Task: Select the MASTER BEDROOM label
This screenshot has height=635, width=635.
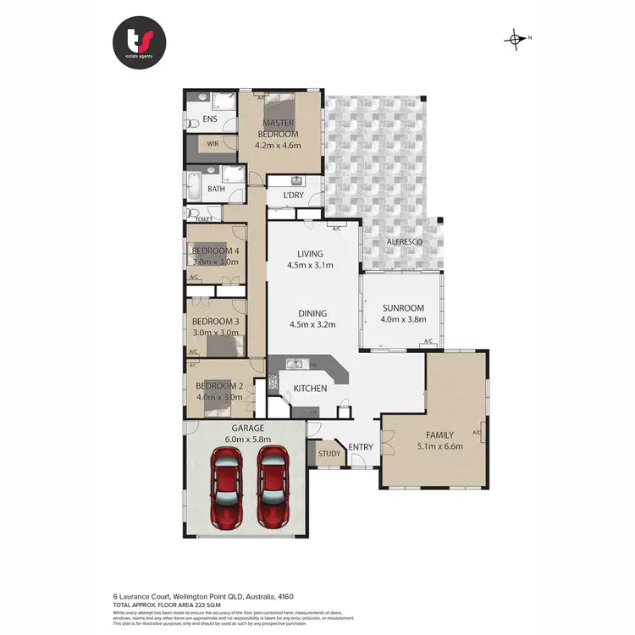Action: click(x=278, y=129)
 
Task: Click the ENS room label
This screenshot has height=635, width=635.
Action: click(x=209, y=119)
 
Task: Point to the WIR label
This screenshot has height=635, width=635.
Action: click(x=213, y=144)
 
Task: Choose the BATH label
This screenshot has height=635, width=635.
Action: click(x=217, y=189)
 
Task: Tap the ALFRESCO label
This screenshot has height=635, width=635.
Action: click(x=404, y=243)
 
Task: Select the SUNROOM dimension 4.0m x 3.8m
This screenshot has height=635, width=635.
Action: click(x=403, y=319)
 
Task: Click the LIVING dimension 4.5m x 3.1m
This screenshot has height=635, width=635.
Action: click(x=311, y=265)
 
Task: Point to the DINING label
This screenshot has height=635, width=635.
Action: click(x=312, y=313)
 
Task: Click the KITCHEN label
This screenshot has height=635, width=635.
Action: click(x=310, y=389)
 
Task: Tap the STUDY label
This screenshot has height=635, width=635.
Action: click(x=329, y=454)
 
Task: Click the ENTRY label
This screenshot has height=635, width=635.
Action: click(x=361, y=447)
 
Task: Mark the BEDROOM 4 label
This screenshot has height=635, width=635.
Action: click(x=216, y=251)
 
